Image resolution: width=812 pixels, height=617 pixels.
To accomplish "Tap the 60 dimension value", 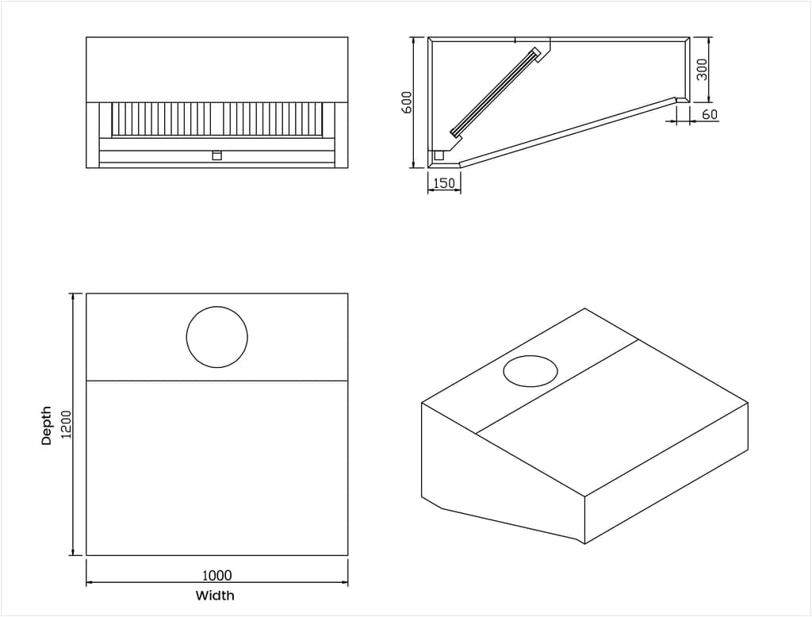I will point(710,114).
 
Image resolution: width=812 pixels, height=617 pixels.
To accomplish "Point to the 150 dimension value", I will point(444,183).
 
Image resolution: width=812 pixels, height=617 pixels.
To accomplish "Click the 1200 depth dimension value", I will point(67,424).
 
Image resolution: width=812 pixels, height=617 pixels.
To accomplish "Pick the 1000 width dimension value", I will point(216,575).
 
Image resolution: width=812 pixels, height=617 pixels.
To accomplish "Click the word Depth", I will point(47,425).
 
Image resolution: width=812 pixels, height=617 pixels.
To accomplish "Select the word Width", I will point(215,595).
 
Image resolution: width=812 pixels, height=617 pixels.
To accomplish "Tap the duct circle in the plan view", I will point(216,337).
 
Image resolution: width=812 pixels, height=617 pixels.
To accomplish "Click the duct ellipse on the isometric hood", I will point(530,371).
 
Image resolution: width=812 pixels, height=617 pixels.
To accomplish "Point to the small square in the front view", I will point(216,155).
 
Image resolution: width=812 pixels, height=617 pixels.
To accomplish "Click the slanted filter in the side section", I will point(496,93).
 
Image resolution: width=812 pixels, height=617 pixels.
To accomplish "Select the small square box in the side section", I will point(439,155).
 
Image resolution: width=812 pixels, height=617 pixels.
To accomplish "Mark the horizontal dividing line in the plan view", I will point(216,381).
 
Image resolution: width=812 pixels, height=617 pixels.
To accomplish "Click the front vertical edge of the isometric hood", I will point(584,519).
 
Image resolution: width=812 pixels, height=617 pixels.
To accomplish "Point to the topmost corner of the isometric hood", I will point(584,308).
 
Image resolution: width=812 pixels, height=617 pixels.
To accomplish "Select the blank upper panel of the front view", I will point(216,69).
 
